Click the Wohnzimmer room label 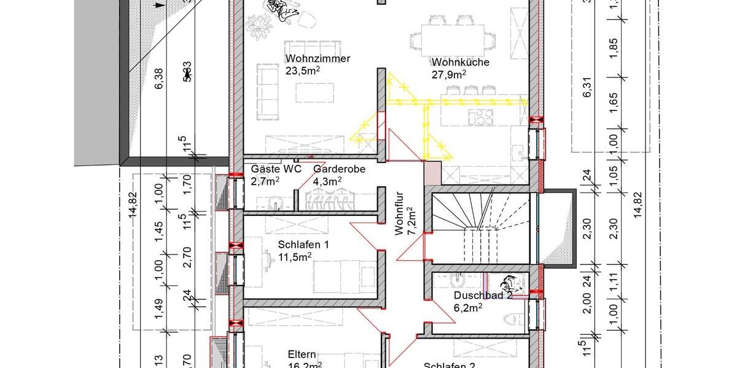pyautogui.click(x=318, y=59)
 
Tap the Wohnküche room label pyautogui.click(x=460, y=63)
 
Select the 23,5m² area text pyautogui.click(x=303, y=71)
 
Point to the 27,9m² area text pyautogui.click(x=449, y=74)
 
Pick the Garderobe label pyautogui.click(x=339, y=169)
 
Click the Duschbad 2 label pyautogui.click(x=483, y=296)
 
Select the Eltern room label pyautogui.click(x=302, y=355)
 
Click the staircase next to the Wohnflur pyautogui.click(x=480, y=228)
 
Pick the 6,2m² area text pyautogui.click(x=467, y=307)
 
